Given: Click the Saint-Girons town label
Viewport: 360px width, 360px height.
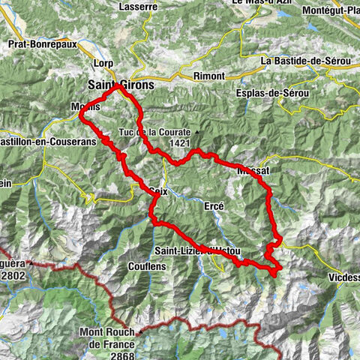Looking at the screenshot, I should [x=120, y=85].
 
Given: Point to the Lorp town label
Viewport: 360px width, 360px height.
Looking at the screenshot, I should [x=104, y=63].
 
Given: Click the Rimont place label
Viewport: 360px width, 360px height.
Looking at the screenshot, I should [x=209, y=76].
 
